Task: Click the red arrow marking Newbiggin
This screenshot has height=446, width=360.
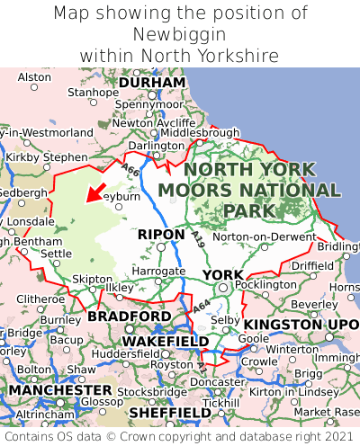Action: [x=94, y=192]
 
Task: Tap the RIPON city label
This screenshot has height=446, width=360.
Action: [x=161, y=234]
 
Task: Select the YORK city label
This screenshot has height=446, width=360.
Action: [x=222, y=274]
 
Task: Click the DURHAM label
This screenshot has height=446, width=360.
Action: [x=152, y=82]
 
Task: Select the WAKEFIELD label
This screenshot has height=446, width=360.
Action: [x=166, y=342]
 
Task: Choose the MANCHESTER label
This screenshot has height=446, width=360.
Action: [x=60, y=390]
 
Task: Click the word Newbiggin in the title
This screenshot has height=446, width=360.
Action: [x=180, y=34]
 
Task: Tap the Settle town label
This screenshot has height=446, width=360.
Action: [x=56, y=254]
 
